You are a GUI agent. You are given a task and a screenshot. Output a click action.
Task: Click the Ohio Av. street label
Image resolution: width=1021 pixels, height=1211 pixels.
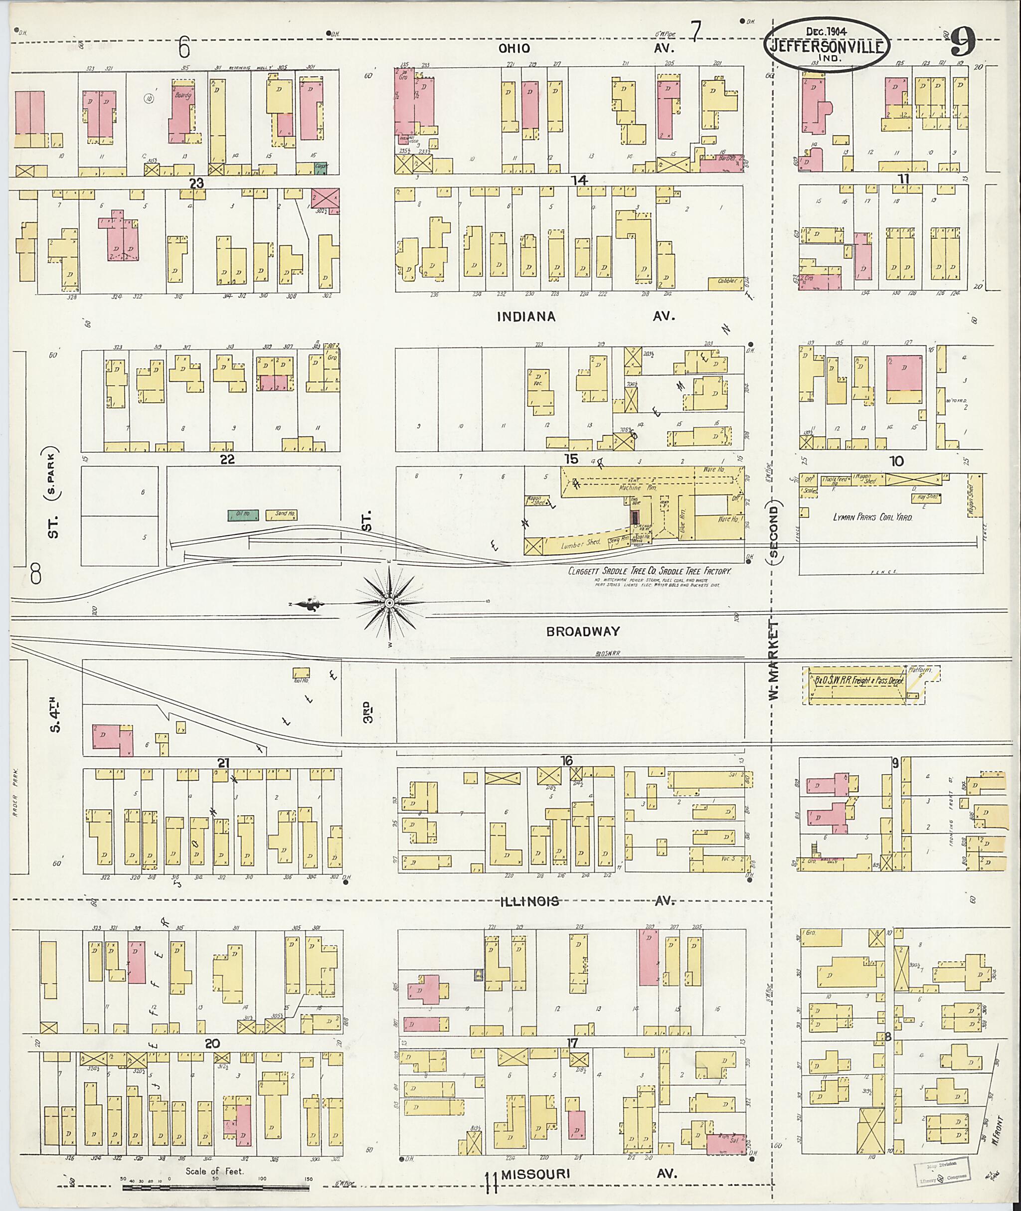coord(514,49)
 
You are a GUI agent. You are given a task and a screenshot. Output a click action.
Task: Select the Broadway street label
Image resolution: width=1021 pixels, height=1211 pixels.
coord(583,632)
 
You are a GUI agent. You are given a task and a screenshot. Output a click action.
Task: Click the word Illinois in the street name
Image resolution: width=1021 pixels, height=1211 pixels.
coord(530,901)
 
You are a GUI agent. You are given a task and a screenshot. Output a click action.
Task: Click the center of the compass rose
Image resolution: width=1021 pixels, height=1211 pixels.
coord(389,603)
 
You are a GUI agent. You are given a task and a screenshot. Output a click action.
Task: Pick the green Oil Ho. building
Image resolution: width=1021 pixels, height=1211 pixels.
coord(243,514)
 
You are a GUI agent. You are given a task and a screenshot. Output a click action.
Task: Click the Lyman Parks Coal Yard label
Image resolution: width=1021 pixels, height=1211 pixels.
coord(872,517)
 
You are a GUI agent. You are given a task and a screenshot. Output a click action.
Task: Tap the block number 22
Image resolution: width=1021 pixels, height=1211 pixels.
coord(227,459)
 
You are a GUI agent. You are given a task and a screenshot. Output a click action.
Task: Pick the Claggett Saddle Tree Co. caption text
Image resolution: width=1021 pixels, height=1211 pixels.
coord(650,571)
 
